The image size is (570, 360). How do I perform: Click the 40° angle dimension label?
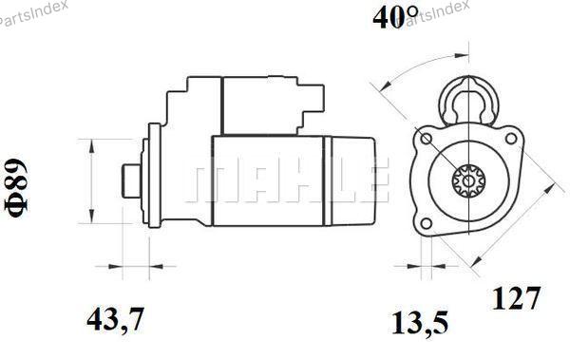click(x=395, y=17)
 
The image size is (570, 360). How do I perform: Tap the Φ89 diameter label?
click(x=17, y=187)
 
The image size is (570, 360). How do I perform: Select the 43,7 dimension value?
click(x=116, y=319)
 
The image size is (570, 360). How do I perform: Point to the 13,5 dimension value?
click(x=420, y=323)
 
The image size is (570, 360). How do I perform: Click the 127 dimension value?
click(x=516, y=298)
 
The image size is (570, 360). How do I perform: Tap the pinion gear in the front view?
click(x=469, y=180)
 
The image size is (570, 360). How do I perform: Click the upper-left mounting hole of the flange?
click(x=427, y=139)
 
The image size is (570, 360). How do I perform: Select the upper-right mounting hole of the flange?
click(x=511, y=138)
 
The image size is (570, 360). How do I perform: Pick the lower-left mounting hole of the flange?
click(x=427, y=223)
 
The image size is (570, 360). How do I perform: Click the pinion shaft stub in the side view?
click(x=132, y=180)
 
